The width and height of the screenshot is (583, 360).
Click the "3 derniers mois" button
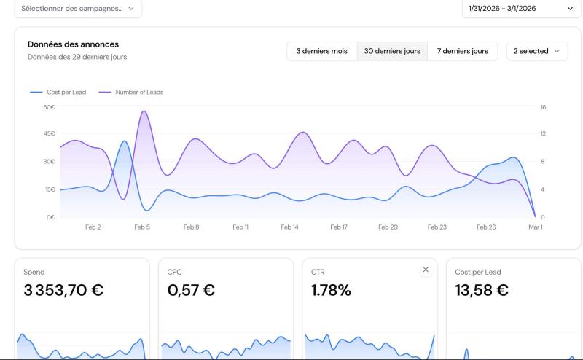pyautogui.click(x=321, y=51)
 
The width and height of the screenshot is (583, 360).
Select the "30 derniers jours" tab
pyautogui.click(x=392, y=51)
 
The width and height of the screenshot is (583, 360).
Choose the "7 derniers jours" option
pyautogui.click(x=462, y=51)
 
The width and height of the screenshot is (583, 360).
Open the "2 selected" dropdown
pyautogui.click(x=536, y=51)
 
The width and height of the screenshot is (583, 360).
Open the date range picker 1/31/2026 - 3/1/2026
pyautogui.click(x=521, y=8)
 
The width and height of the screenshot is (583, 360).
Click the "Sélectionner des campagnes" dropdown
pyautogui.click(x=78, y=8)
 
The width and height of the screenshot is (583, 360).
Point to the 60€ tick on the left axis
pyautogui.click(x=50, y=107)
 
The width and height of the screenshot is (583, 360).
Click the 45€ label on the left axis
pyautogui.click(x=50, y=134)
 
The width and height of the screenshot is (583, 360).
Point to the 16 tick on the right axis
pyautogui.click(x=543, y=107)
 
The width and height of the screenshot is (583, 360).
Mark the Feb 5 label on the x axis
pyautogui.click(x=142, y=227)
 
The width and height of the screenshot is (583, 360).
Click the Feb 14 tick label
pyautogui.click(x=290, y=227)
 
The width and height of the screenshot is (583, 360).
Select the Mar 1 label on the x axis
pyautogui.click(x=536, y=227)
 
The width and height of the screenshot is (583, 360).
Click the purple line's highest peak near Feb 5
pyautogui.click(x=144, y=111)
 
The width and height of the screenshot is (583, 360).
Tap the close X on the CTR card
pyautogui.click(x=426, y=270)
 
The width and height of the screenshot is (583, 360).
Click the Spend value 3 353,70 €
pyautogui.click(x=63, y=290)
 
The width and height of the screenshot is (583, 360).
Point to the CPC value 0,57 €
pyautogui.click(x=191, y=290)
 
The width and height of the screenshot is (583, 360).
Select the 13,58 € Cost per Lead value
pyautogui.click(x=482, y=290)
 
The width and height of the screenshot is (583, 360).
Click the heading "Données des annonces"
pyautogui.click(x=73, y=44)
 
